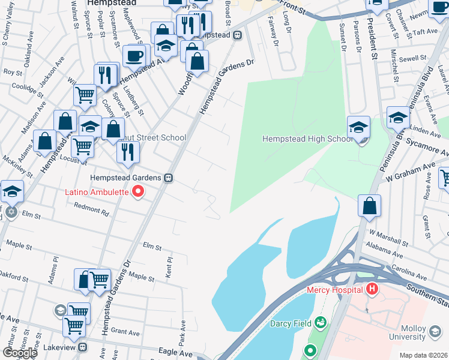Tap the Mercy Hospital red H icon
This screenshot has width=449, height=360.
click(372, 289)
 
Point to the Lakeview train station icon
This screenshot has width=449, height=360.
click(83, 347)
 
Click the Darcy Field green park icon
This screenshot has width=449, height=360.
click(321, 323)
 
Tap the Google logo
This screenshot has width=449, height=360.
click(20, 353)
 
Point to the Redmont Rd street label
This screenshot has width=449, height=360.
click(91, 209)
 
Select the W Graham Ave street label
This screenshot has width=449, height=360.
click(411, 171)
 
